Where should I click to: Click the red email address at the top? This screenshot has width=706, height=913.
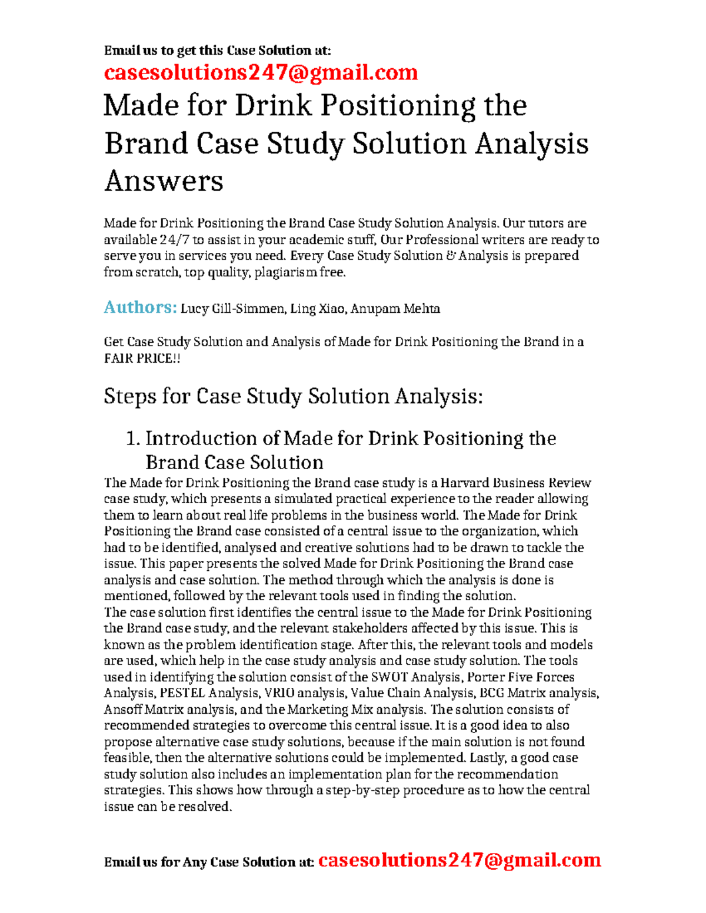coord(261,72)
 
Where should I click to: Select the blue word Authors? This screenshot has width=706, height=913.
coord(140,307)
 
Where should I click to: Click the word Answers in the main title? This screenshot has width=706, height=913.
coord(164,180)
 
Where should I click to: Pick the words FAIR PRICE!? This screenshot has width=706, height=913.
coord(142,358)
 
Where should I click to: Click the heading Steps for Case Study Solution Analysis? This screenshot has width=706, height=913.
coord(293,396)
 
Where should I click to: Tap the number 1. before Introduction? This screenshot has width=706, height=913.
coord(134,439)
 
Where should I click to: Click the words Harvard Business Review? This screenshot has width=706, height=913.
coord(515,483)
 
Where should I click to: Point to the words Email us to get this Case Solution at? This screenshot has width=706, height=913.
coord(217,51)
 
